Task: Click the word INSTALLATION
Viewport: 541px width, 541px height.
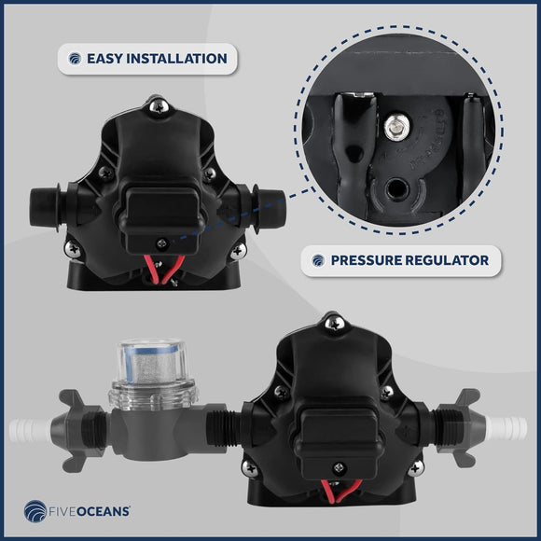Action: (x=176, y=59)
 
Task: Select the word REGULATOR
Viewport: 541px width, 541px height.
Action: (x=447, y=260)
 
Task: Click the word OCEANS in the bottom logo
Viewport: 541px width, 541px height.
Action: (x=103, y=511)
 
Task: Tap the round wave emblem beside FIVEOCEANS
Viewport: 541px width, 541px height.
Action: (x=35, y=511)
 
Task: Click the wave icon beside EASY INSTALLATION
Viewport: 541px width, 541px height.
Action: (x=75, y=59)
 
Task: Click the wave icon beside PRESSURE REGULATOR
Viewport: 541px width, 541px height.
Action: (x=318, y=260)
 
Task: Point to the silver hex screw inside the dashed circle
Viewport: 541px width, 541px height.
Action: (x=396, y=127)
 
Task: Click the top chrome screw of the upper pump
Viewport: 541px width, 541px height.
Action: (x=160, y=106)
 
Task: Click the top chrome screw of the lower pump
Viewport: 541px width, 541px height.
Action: (x=335, y=324)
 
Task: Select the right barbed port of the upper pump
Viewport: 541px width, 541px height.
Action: (x=270, y=207)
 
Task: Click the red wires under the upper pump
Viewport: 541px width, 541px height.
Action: (x=163, y=270)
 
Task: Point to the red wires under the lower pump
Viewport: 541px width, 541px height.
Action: (x=340, y=491)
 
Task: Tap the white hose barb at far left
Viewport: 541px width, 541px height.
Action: (x=30, y=430)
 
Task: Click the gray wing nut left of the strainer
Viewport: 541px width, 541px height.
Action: (x=75, y=430)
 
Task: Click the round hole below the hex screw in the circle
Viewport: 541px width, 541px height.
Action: (x=396, y=189)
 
